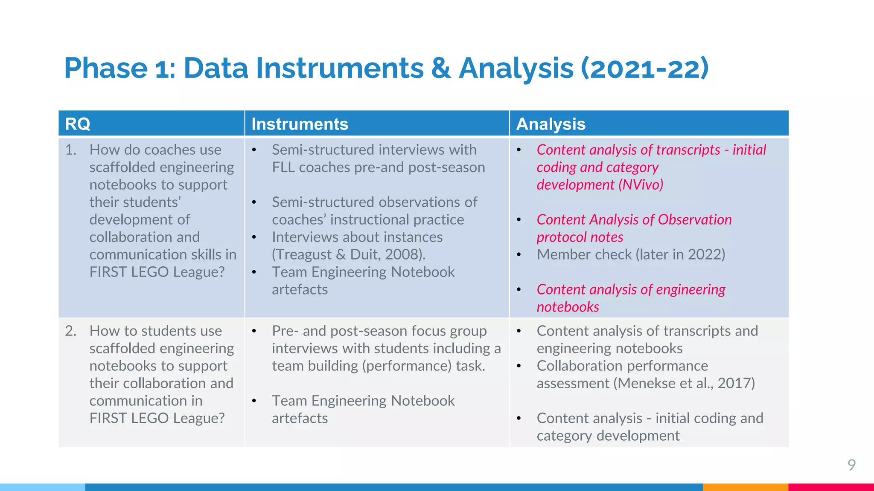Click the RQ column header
78,124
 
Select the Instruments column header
300,124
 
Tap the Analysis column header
551,124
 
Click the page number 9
851,465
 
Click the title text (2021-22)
645,68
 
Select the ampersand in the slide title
441,68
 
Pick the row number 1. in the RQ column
71,150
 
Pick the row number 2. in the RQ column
71,331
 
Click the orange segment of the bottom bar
745,487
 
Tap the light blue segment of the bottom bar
43,487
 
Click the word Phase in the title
106,68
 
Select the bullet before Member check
519,255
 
